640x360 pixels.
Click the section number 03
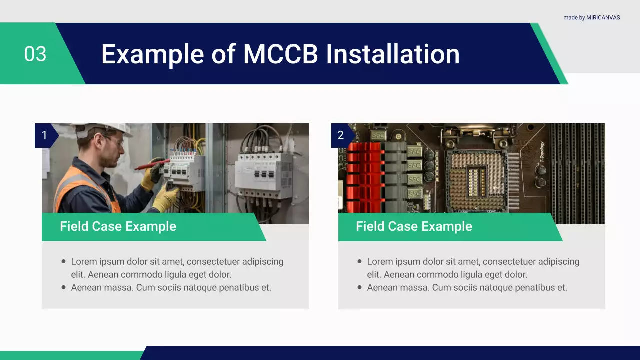tap(35, 54)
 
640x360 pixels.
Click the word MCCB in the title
tap(280, 54)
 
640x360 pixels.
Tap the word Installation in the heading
tap(393, 54)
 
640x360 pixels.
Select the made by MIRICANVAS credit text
tap(591, 17)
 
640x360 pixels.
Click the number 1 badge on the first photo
tap(44, 135)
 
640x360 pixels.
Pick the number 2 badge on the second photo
tap(341, 135)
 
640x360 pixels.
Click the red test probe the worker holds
tap(151, 165)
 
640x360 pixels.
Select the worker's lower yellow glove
tap(165, 198)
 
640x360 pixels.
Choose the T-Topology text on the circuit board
tap(542, 153)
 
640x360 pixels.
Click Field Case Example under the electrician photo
tap(118, 226)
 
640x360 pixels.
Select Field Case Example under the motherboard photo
tap(414, 226)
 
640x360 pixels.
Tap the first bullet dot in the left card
tap(63, 261)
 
